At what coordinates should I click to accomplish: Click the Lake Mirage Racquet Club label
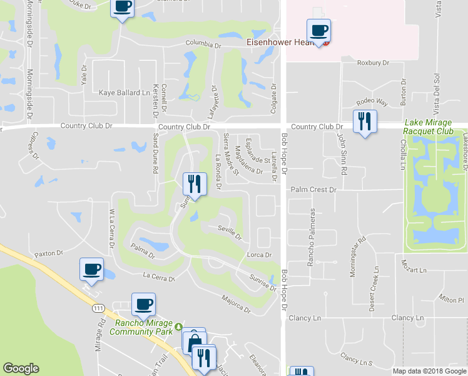tap(435, 127)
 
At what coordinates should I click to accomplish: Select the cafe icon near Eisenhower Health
tap(318, 30)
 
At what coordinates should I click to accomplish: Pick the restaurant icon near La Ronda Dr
tap(194, 184)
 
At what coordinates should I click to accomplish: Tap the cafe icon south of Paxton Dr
tap(91, 269)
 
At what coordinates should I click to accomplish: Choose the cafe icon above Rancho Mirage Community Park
tap(143, 304)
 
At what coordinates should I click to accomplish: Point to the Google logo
tap(21, 368)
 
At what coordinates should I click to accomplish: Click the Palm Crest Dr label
tap(314, 189)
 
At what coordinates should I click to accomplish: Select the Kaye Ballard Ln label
tap(125, 93)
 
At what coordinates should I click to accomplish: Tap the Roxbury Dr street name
tap(373, 63)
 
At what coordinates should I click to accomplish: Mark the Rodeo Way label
tap(372, 102)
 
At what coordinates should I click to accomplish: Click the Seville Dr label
tap(229, 232)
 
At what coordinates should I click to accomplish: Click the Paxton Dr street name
tap(49, 254)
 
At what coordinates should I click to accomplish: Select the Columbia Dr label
tap(203, 46)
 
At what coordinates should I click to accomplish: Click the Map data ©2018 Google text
tap(430, 371)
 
